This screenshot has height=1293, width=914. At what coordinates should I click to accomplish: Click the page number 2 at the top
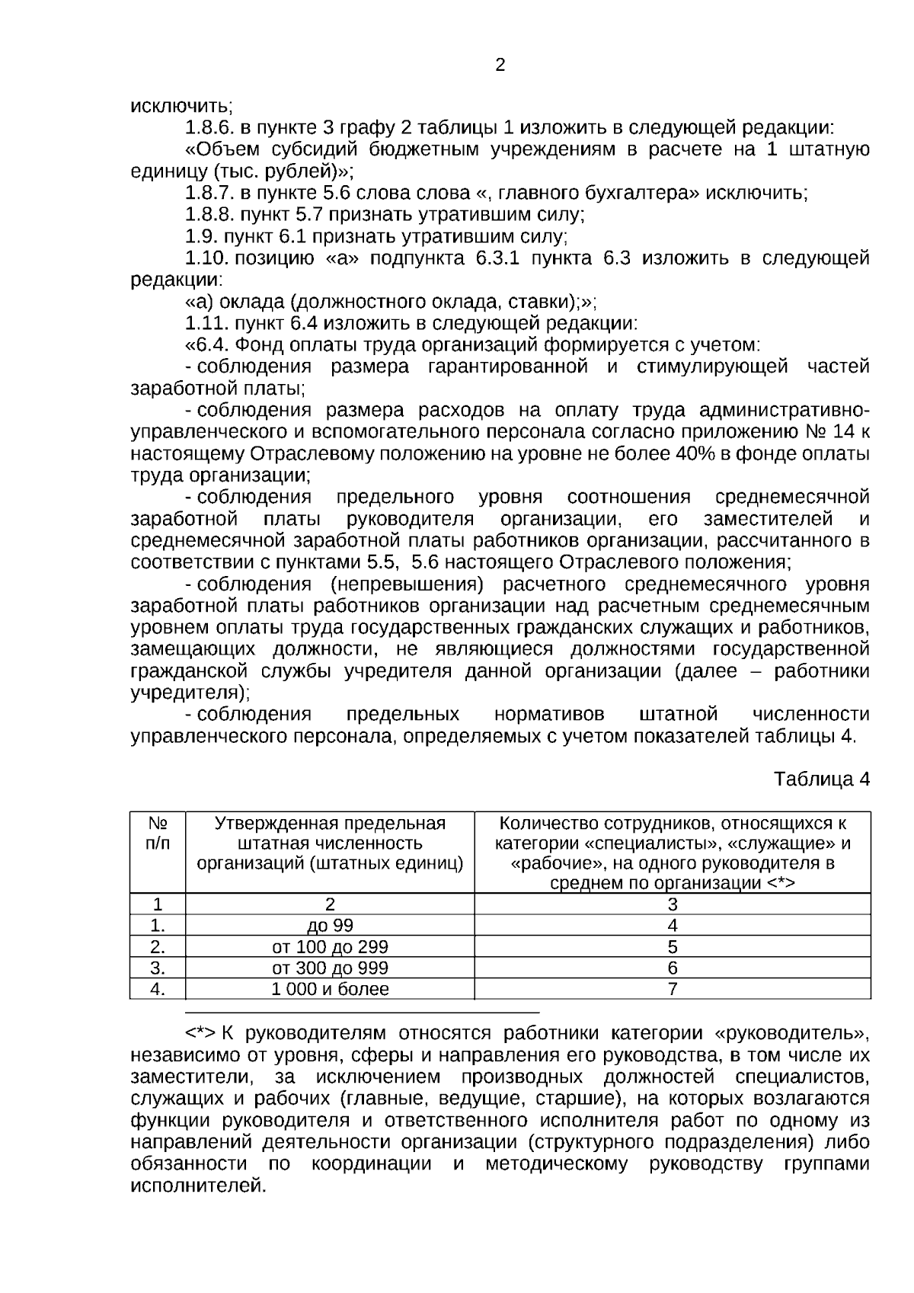[500, 66]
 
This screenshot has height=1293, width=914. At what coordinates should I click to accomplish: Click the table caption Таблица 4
[821, 779]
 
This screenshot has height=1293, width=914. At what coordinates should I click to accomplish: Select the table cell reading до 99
[330, 926]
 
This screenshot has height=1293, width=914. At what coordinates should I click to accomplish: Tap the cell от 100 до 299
[330, 947]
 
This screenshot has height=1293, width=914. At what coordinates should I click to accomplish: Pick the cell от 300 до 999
[330, 968]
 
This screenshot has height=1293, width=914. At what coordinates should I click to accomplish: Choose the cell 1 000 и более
[330, 990]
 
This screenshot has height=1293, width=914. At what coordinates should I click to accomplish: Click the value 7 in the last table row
[673, 990]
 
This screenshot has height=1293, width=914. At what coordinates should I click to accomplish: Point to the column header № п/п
[158, 834]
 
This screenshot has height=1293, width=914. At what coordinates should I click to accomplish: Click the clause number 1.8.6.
[209, 127]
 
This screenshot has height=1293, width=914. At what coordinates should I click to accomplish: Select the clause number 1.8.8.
[209, 214]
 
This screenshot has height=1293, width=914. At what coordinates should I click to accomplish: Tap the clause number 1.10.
[206, 258]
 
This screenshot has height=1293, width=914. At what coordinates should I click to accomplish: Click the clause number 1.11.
[206, 323]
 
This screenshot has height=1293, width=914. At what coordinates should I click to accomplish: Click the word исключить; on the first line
[181, 106]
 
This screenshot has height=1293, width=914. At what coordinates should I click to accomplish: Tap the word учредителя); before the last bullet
[190, 693]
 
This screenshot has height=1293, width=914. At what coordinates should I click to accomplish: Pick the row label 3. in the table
[158, 968]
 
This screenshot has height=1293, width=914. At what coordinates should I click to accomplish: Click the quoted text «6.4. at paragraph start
[207, 345]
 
